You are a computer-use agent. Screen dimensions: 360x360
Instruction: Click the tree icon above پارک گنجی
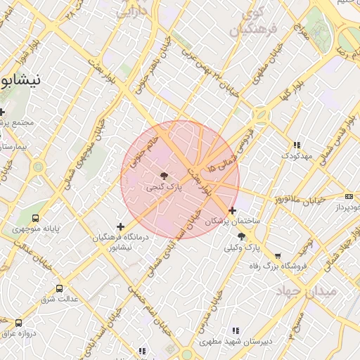[164, 176]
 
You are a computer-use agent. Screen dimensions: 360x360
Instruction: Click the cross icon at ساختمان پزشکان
[233, 210]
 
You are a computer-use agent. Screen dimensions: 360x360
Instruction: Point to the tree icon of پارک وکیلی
[242, 237]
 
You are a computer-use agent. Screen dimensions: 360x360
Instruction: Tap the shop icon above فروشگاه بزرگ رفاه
[278, 257]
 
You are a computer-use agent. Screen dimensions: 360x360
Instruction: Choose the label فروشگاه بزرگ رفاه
[278, 266]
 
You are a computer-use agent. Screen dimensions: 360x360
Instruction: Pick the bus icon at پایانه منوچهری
[36, 219]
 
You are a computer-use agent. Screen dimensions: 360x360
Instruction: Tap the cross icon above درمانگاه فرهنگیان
[121, 226]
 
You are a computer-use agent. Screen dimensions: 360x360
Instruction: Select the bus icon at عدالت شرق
[59, 288]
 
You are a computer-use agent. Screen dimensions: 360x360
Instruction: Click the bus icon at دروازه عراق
[18, 323]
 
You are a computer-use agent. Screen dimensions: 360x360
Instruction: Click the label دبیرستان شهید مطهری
[235, 342]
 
